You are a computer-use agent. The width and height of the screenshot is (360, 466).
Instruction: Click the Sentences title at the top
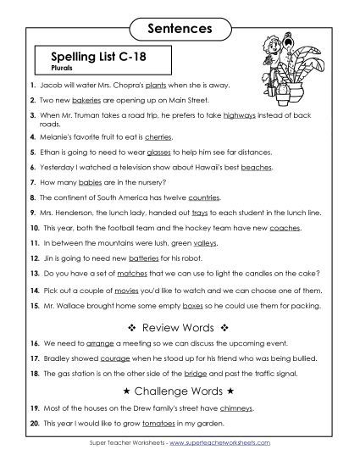(x=180, y=28)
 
